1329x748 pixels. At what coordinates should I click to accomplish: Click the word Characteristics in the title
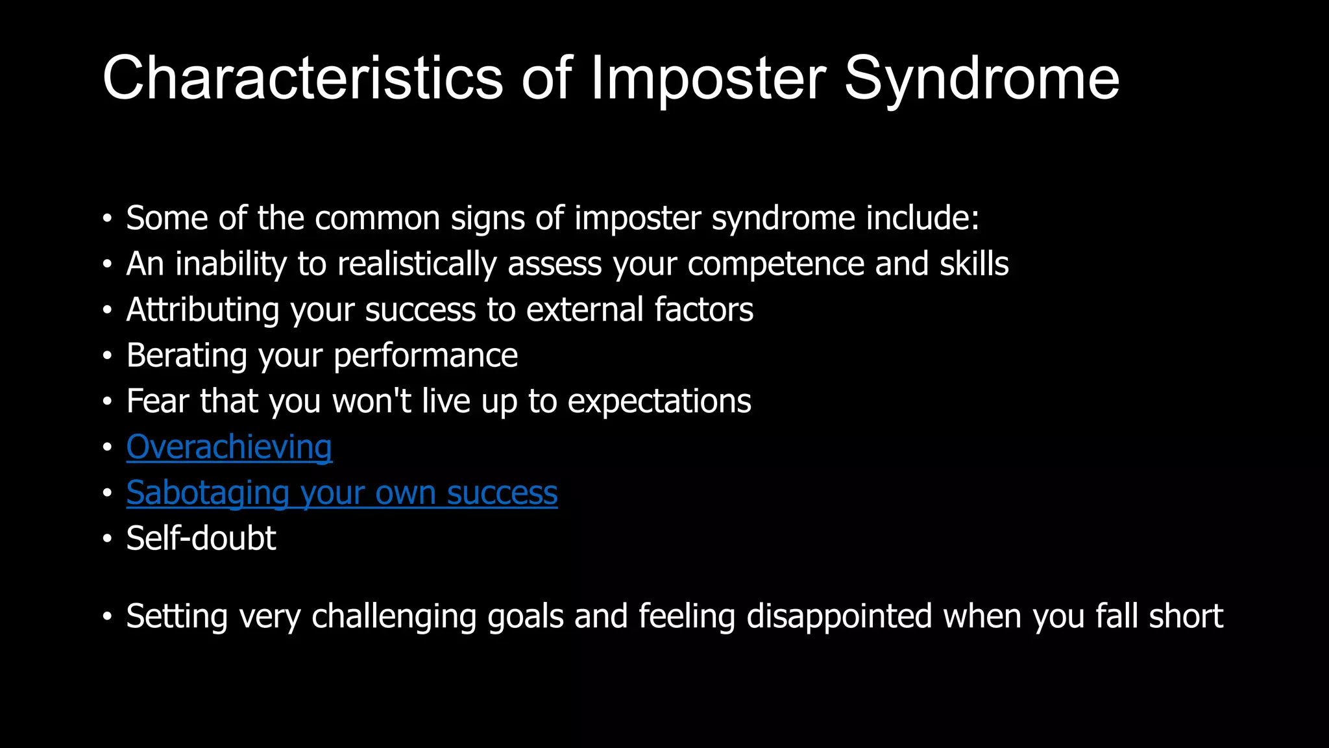click(x=302, y=78)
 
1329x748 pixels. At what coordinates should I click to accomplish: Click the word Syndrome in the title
click(x=981, y=79)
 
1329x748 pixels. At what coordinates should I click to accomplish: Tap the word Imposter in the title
click(x=708, y=79)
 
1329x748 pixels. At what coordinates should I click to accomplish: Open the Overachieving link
click(x=229, y=447)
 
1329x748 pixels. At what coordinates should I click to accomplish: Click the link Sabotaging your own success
click(x=342, y=493)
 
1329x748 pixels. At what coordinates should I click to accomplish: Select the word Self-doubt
click(x=201, y=538)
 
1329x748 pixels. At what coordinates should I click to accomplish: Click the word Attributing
click(x=202, y=310)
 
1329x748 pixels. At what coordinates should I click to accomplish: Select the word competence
click(x=775, y=264)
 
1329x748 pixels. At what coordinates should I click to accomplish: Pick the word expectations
click(x=659, y=402)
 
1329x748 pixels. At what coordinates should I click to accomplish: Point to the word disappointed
click(x=839, y=616)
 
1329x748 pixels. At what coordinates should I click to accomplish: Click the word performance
click(x=426, y=356)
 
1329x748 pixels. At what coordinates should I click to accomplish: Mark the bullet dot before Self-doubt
click(x=107, y=539)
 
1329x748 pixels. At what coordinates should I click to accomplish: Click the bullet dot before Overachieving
click(x=107, y=448)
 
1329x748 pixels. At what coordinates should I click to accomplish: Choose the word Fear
click(x=158, y=401)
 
